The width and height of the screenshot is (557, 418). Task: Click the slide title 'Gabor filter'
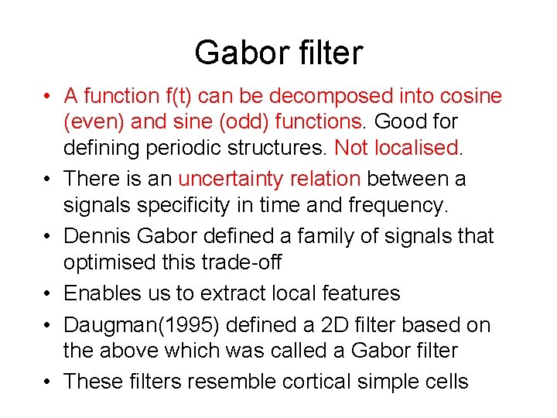[x=278, y=53]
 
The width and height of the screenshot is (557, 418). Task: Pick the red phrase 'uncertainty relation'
[x=269, y=179]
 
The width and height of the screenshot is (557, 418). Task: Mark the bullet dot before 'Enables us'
[x=48, y=294]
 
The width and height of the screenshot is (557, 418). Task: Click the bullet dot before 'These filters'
[x=48, y=382]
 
